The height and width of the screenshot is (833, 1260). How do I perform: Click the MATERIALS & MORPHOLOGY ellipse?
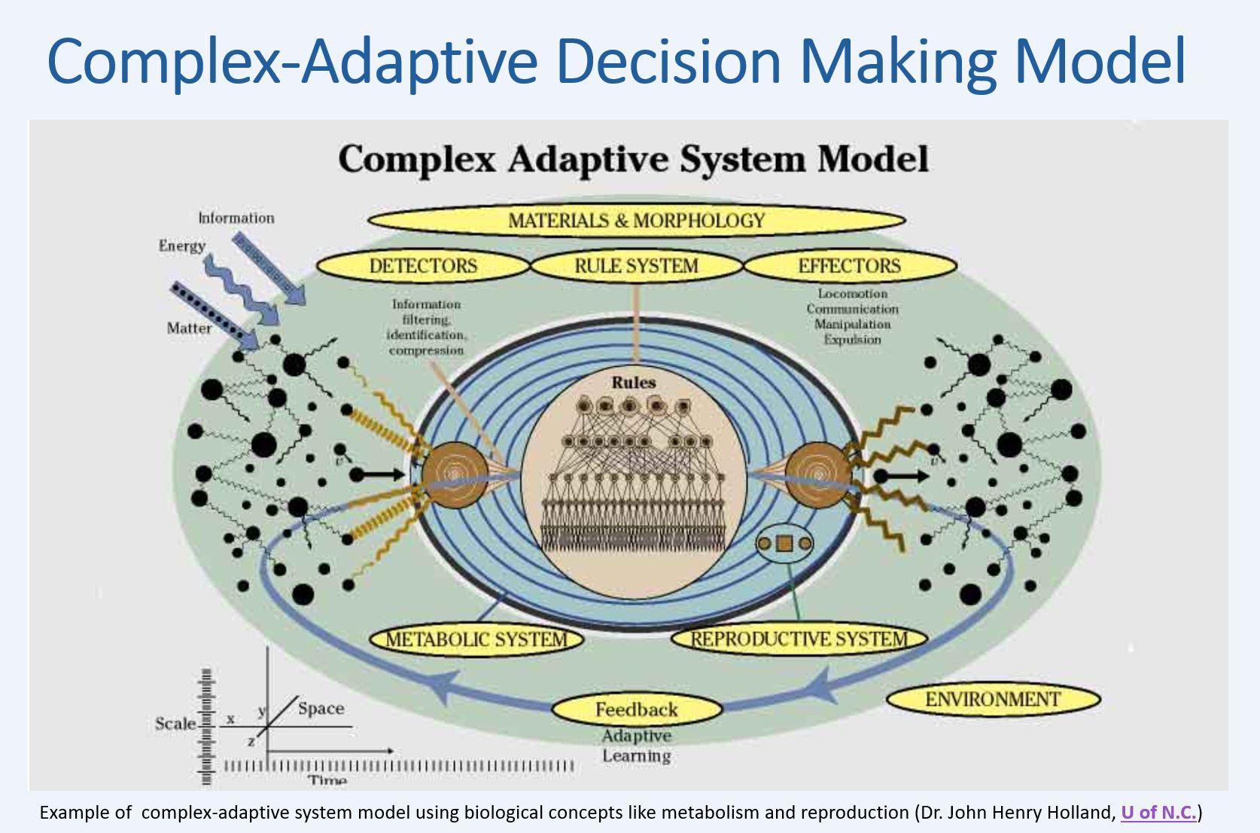tap(636, 221)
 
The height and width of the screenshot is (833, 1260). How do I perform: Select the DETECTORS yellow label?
tap(423, 266)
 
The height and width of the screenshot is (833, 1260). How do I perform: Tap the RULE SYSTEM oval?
tap(636, 266)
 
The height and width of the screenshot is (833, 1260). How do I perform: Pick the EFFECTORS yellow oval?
tap(849, 266)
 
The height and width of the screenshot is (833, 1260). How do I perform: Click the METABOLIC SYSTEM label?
tap(476, 639)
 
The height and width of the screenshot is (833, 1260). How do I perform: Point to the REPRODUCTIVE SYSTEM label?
tap(799, 639)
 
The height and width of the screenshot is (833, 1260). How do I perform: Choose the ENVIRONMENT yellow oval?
tap(992, 699)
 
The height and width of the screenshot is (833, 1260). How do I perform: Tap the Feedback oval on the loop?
tap(636, 709)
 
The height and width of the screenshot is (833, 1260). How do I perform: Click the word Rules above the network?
tap(633, 383)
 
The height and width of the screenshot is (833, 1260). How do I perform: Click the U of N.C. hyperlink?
tap(1158, 813)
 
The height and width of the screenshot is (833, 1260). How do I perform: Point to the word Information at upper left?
tap(236, 218)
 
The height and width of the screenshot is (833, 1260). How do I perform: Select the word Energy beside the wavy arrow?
tap(181, 246)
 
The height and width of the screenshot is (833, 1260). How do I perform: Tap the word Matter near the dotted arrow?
tap(189, 328)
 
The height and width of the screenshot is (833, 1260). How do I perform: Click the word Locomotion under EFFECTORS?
tap(852, 294)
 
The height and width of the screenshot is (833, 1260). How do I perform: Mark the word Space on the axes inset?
tap(321, 708)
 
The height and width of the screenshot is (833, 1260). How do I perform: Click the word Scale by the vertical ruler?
tap(175, 724)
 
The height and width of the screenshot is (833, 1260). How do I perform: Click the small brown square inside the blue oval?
tap(784, 543)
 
